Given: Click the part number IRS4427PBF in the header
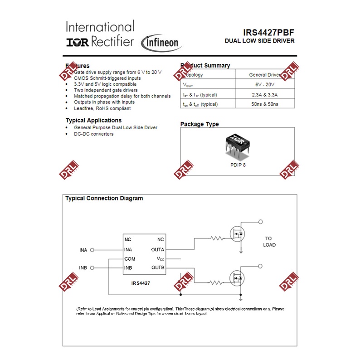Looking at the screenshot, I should [x=268, y=32].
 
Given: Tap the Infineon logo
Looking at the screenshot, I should [x=162, y=43].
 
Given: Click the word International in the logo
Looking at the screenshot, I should [x=100, y=27].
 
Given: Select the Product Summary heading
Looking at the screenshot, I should [x=205, y=65].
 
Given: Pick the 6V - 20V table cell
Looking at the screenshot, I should [x=265, y=85].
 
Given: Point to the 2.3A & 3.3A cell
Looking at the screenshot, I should [x=265, y=95].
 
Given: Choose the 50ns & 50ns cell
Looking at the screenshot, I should [x=265, y=104].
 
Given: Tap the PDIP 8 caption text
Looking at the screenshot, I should [x=238, y=165].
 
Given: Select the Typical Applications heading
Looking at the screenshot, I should [x=93, y=120].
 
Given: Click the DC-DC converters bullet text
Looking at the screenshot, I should [x=93, y=134].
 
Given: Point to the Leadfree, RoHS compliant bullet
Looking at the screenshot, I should [x=102, y=108].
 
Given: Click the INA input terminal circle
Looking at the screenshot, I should [x=92, y=250].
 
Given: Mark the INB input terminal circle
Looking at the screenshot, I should [x=92, y=268].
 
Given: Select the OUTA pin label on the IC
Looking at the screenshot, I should [x=158, y=250].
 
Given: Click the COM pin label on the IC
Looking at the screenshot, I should [x=130, y=259].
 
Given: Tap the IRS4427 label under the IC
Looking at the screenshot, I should [x=141, y=282].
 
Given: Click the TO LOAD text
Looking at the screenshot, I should [x=269, y=242].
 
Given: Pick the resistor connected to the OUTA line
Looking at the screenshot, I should [x=217, y=238].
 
